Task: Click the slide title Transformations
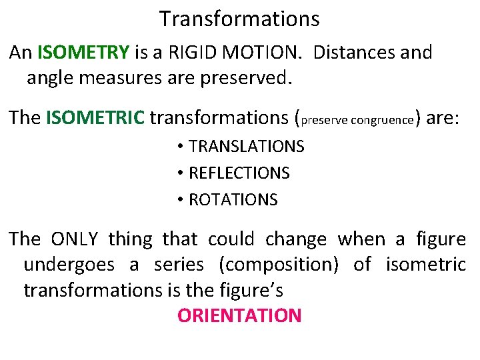click(x=239, y=19)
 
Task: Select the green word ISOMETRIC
click(x=95, y=118)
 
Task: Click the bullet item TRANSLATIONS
click(x=246, y=147)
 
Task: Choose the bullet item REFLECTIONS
click(x=239, y=173)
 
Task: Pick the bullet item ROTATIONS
click(x=233, y=200)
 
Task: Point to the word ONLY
click(x=74, y=239)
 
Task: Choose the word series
click(x=179, y=265)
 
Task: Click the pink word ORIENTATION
click(x=239, y=315)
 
